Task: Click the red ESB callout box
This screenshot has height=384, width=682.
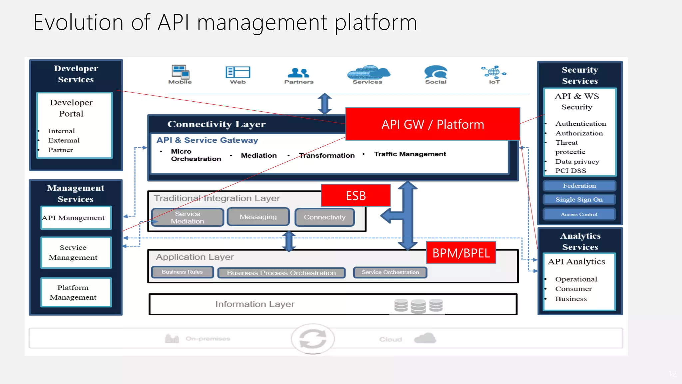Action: tap(356, 195)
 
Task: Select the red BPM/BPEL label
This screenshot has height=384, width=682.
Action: tap(461, 253)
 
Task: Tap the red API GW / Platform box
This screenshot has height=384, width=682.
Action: tap(433, 124)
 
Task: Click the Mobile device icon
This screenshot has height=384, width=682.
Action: tap(180, 72)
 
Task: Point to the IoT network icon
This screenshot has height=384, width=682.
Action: tap(494, 71)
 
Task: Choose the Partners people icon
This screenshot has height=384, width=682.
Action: tap(298, 72)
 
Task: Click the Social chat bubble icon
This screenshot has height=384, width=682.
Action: tap(436, 72)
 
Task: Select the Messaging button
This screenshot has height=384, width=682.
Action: tap(258, 217)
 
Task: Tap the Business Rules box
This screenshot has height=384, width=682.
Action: tap(182, 272)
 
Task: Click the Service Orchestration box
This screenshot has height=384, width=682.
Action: tap(390, 272)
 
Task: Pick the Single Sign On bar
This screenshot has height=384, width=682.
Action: tap(579, 199)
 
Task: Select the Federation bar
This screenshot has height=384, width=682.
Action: tap(579, 186)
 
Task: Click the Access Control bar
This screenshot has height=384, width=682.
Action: tap(579, 214)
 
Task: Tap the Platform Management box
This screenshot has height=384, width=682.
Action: tap(76, 292)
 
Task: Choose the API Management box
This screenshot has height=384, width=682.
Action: tap(76, 218)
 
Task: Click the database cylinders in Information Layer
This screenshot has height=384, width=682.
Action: tap(418, 305)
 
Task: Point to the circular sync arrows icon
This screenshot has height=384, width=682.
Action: tap(313, 339)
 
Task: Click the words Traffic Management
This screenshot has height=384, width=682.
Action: tap(410, 154)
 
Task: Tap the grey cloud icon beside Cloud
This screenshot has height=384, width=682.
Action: tap(425, 338)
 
